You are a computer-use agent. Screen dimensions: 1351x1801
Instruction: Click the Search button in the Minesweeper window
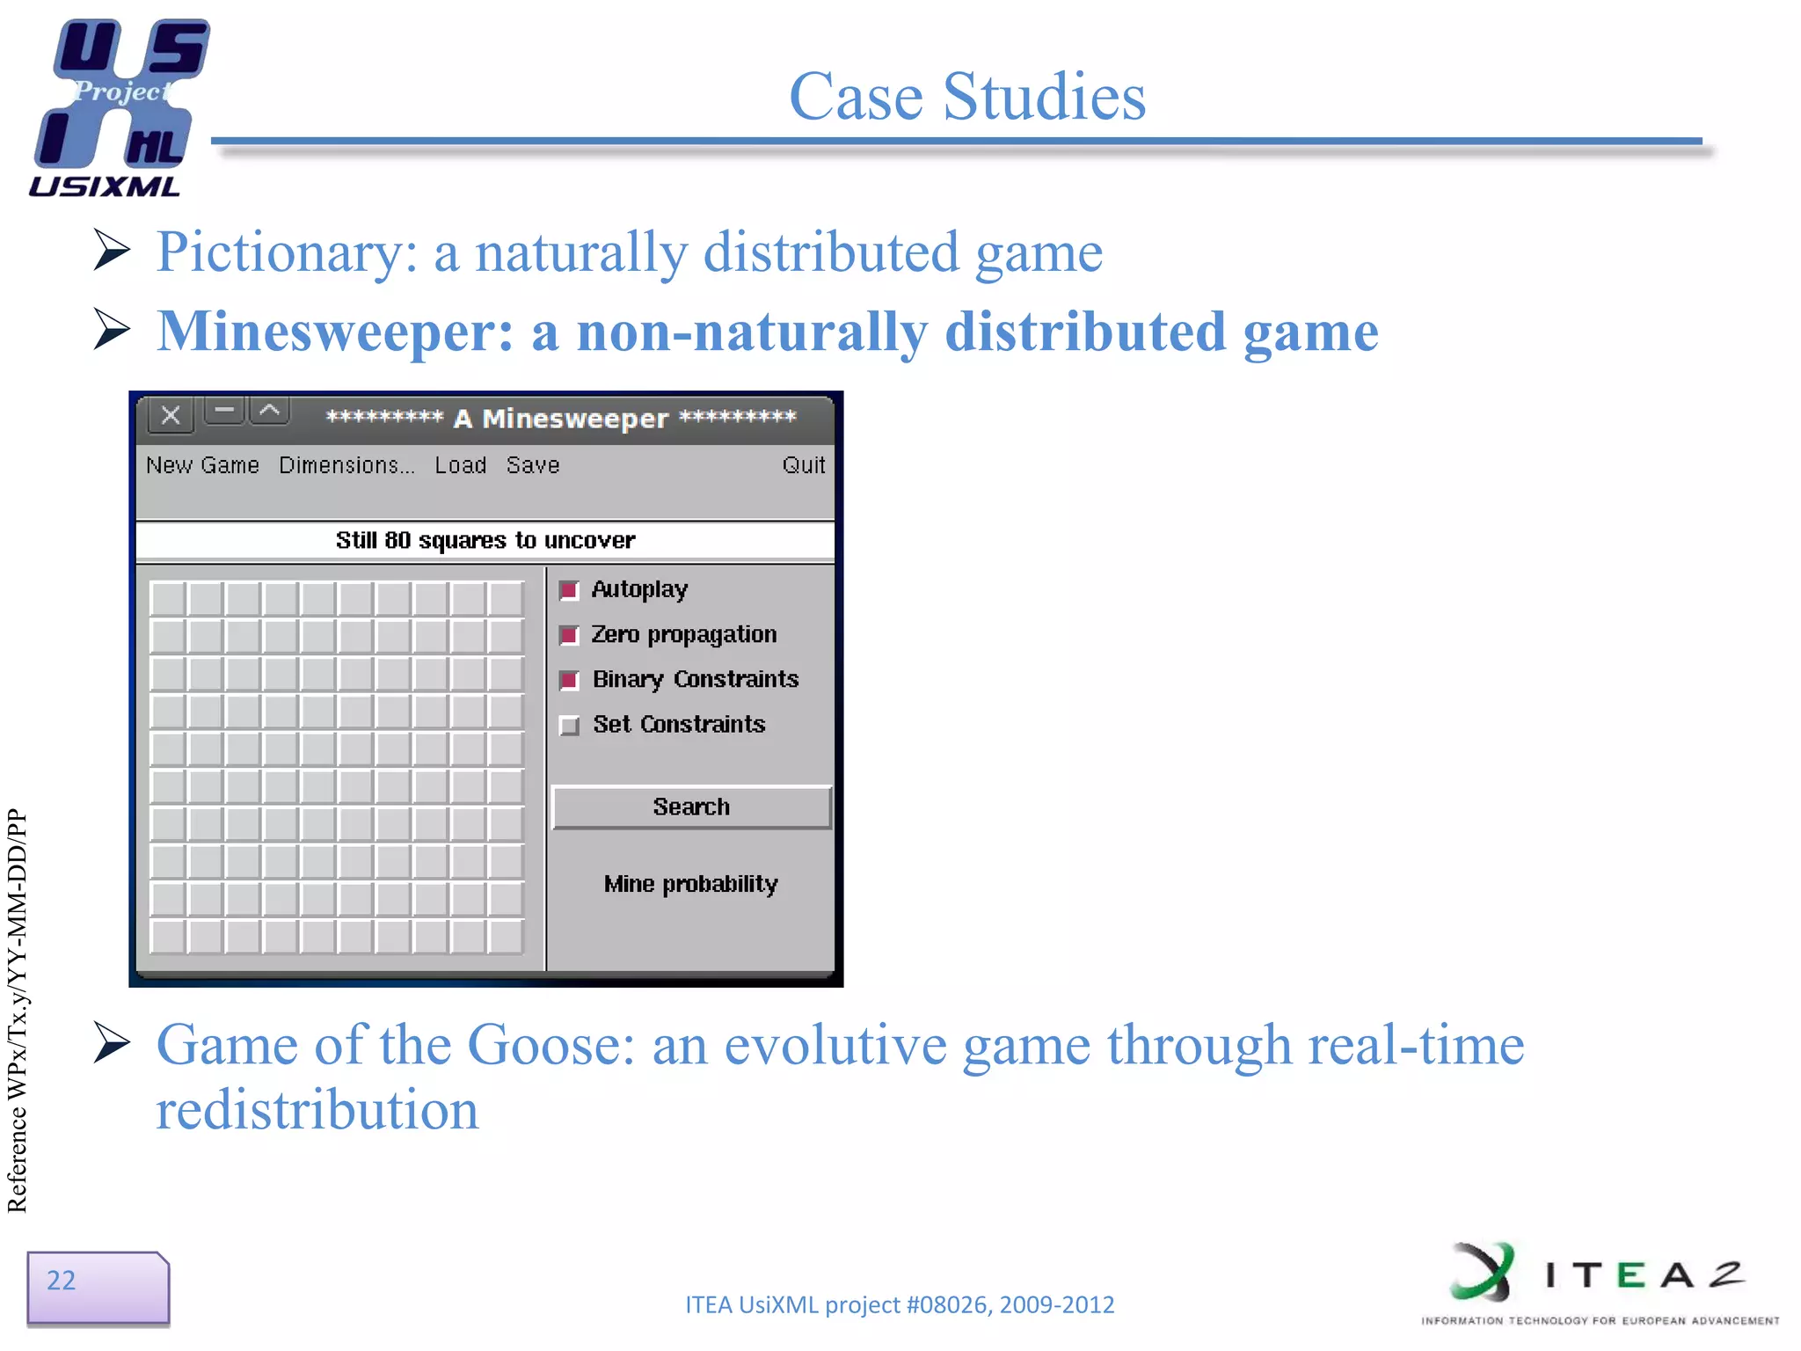pos(691,807)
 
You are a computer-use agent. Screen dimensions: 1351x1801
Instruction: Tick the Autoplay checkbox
pos(570,590)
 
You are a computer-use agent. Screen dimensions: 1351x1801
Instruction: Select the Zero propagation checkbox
pos(570,635)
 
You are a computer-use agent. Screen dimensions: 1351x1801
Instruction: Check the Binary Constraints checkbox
pos(570,680)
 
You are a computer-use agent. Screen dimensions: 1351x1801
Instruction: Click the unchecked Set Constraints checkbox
pos(570,726)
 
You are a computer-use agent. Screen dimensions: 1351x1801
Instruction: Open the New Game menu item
pos(202,465)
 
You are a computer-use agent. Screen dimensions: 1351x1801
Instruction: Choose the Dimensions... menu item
pos(346,465)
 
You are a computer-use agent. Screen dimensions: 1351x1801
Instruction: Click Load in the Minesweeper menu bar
pos(460,465)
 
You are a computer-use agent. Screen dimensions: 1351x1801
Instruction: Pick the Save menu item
pos(533,465)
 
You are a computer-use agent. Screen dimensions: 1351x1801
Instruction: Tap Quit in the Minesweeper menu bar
pos(803,465)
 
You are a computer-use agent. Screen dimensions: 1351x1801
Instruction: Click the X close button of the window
pos(171,415)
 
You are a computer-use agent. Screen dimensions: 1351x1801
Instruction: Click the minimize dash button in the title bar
pos(225,411)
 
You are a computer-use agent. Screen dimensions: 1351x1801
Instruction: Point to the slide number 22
pos(62,1281)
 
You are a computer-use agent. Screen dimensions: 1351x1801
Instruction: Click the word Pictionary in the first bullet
pos(273,253)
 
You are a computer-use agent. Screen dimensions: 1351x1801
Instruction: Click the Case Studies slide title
pos(967,96)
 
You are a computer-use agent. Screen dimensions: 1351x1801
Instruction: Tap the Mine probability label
pos(691,884)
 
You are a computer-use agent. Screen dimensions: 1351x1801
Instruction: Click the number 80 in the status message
pos(397,540)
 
